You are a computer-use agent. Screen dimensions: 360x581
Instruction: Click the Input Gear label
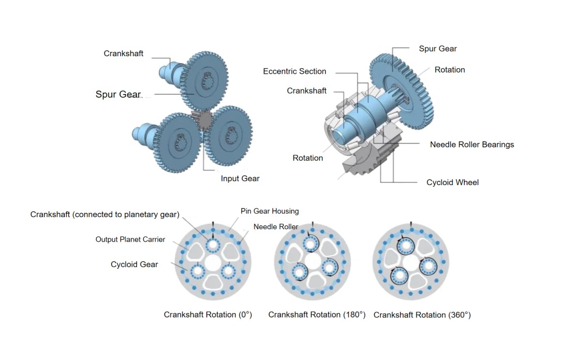(240, 178)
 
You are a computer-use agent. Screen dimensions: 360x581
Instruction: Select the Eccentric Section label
(294, 71)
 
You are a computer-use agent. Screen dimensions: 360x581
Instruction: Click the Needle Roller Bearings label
(472, 144)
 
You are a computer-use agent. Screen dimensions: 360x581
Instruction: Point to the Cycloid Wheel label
(452, 182)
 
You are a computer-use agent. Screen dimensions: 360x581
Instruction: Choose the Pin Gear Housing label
(270, 211)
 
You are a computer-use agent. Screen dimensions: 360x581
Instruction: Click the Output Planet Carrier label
(130, 239)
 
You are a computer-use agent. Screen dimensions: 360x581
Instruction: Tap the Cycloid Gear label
(134, 264)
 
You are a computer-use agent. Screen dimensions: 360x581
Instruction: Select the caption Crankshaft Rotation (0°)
(208, 314)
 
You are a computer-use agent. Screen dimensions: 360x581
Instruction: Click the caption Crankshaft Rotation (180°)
(317, 314)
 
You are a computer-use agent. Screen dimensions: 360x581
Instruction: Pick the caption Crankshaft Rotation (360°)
(422, 314)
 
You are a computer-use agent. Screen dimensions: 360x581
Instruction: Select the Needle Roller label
(275, 226)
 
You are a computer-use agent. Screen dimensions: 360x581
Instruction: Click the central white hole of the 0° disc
(213, 264)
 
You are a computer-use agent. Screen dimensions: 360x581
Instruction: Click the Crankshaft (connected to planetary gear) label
(105, 214)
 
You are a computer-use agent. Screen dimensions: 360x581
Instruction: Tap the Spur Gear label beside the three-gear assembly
(118, 94)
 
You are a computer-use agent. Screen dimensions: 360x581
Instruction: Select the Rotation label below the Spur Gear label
(449, 70)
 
